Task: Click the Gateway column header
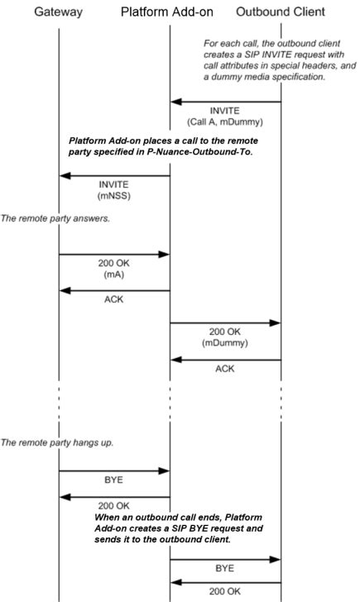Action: tap(59, 12)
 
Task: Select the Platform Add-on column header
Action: tap(169, 12)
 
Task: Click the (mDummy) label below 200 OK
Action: tap(225, 341)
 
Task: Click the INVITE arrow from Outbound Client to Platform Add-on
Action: tap(225, 102)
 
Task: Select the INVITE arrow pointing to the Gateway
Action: tap(114, 175)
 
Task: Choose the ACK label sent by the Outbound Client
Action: tap(225, 369)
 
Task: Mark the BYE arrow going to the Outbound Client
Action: tap(225, 559)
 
